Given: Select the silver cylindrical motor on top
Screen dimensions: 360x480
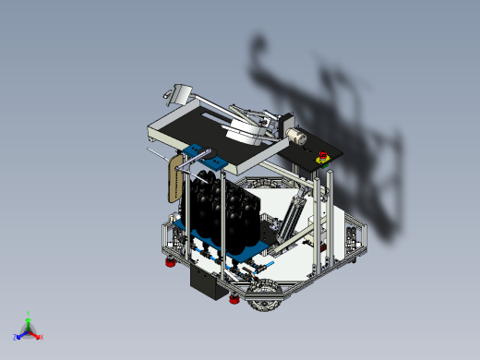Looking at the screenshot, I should (x=296, y=135).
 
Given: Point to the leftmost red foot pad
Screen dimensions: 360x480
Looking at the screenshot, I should (x=169, y=264).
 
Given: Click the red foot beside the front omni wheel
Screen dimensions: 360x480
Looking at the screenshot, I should (x=234, y=299).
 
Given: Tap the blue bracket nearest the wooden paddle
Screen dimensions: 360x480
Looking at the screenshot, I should (x=194, y=152).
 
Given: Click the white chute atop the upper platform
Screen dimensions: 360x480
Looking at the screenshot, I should (x=178, y=93).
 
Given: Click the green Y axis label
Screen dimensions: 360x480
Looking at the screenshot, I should (x=29, y=313).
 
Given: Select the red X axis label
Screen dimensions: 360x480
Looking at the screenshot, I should (x=41, y=337).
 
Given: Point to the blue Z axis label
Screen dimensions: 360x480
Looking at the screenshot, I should (x=16, y=338).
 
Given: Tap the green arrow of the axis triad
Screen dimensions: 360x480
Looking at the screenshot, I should (x=29, y=321).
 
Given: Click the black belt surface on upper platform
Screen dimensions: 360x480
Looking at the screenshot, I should (x=198, y=123).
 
